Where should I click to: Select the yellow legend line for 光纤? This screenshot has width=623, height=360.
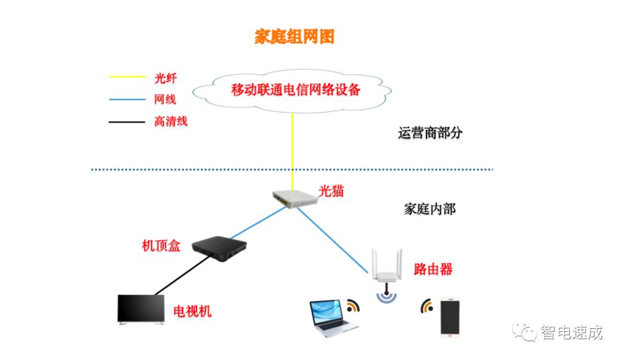pos(127,76)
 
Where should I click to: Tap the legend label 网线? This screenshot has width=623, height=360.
pos(165,99)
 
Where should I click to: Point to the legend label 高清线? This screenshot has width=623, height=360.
pos(171,121)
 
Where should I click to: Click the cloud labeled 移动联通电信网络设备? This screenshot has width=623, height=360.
pos(295,90)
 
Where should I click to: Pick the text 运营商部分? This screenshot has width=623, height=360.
pos(430,133)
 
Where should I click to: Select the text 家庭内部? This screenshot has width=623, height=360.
pos(430,208)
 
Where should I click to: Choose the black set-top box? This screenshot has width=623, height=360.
pos(219,246)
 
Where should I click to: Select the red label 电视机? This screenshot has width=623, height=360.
pos(192,312)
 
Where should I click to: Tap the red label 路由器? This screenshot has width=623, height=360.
pos(433,268)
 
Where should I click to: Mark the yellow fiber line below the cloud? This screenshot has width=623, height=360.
pos(292,144)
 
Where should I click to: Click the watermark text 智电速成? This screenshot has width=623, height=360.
pos(571,332)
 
